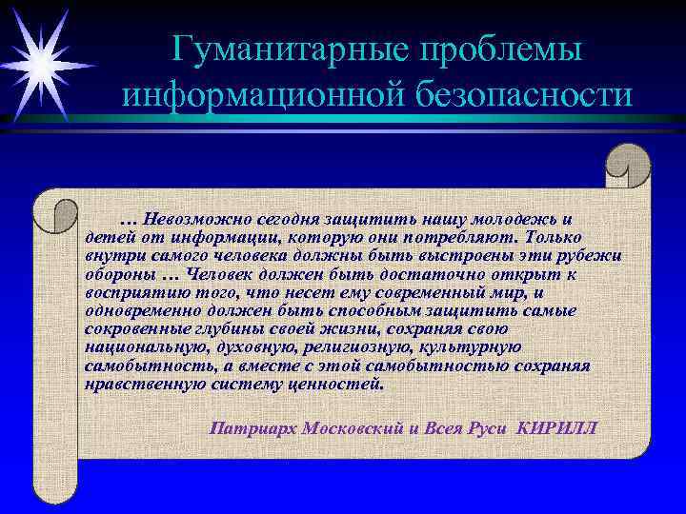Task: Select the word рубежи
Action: pyautogui.click(x=594, y=255)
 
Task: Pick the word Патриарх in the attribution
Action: pyautogui.click(x=251, y=426)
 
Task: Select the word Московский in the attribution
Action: pyautogui.click(x=353, y=426)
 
